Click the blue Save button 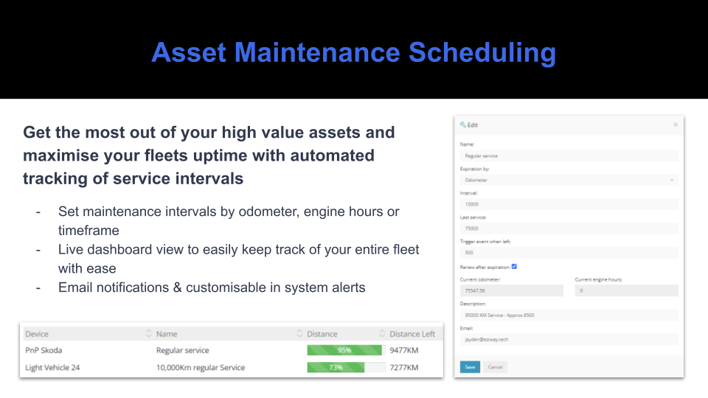(x=469, y=366)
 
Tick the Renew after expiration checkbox (x=514, y=266)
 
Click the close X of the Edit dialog (x=676, y=125)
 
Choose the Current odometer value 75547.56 (x=511, y=291)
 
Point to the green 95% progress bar (x=344, y=351)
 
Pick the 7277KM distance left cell (x=404, y=368)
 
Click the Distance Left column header (x=412, y=334)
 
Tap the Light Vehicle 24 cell (x=52, y=368)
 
